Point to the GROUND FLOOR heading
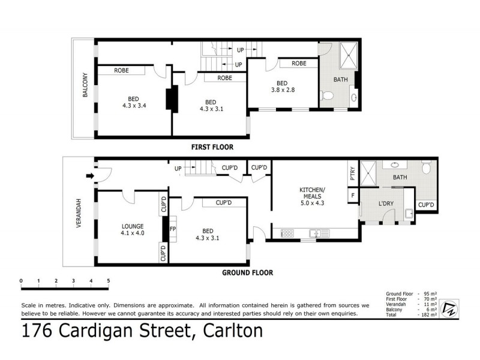tap(248, 272)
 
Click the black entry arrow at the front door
tap(90, 176)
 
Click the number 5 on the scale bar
tap(109, 281)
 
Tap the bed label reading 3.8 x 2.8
tap(282, 87)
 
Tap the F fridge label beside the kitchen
tap(352, 196)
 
